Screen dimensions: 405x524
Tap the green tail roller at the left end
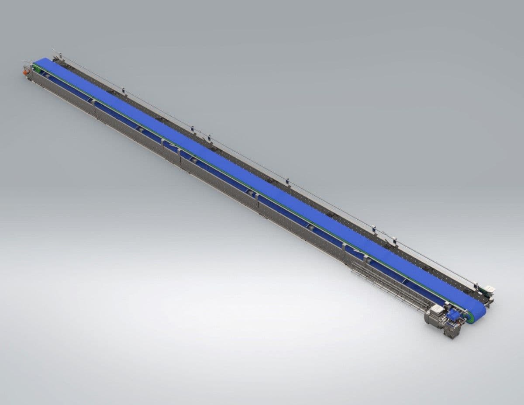pyautogui.click(x=36, y=68)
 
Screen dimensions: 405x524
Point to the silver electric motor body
pyautogui.click(x=435, y=315)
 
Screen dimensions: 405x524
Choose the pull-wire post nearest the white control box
pyautogui.click(x=476, y=284)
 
